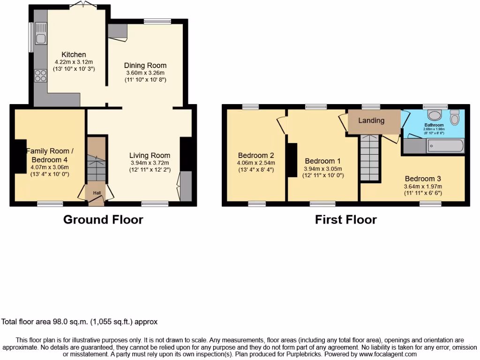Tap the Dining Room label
point(145,66)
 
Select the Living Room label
point(150,156)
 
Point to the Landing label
point(371,120)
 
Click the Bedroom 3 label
point(423,179)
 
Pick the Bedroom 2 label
point(256,156)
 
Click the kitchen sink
point(40,38)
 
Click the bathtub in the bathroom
point(445,146)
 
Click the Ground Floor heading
point(103,219)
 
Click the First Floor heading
point(345,219)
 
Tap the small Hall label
point(96,193)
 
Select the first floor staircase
point(368,157)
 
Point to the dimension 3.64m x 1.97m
point(423,186)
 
